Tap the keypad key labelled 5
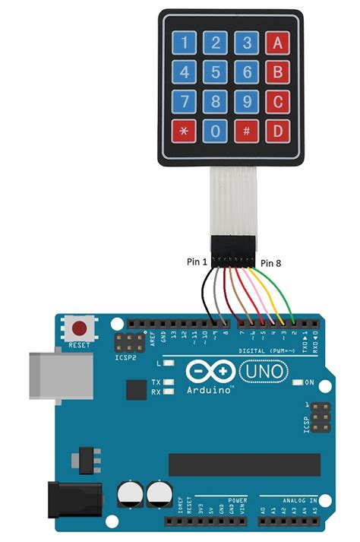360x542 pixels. point(216,72)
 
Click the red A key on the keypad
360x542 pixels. point(279,43)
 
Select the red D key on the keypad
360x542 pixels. point(279,130)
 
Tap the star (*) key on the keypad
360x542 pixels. point(185,130)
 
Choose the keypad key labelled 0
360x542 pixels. point(216,130)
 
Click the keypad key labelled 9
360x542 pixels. point(248,101)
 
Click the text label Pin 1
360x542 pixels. point(196,261)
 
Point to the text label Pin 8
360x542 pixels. point(271,263)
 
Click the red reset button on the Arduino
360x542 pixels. point(78,329)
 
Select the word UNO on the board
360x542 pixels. point(264,370)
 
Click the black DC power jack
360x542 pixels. point(71,502)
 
